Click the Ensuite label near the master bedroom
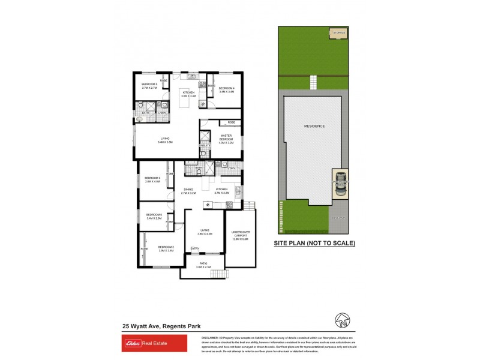205,146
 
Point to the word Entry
194,248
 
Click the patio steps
220,274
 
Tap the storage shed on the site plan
340,34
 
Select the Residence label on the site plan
314,126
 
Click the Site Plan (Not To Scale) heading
314,244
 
